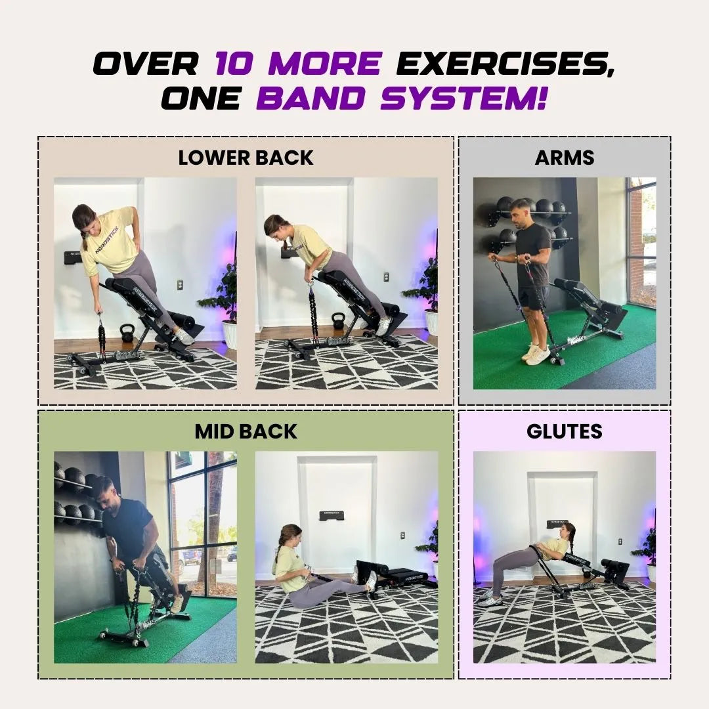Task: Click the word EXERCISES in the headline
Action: pos(505,63)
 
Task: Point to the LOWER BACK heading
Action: pos(246,158)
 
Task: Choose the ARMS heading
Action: pos(565,158)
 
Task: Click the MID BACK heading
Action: pos(246,431)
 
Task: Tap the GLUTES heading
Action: pos(565,431)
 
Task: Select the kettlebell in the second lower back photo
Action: pos(338,322)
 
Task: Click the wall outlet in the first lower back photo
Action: pos(179,284)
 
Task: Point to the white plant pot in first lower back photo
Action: pos(229,334)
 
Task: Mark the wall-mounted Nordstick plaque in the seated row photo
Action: pos(333,515)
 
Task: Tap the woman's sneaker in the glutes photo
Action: pos(489,601)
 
